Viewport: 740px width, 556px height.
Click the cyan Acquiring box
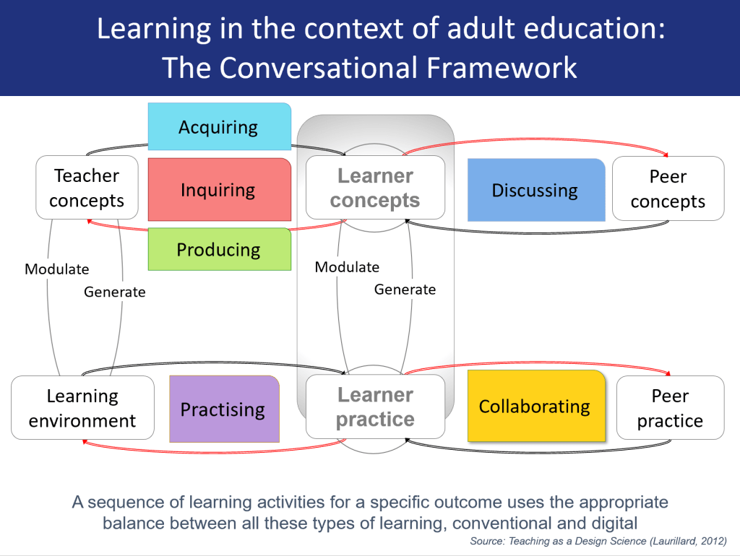[219, 127]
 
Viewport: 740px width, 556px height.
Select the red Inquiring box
[219, 190]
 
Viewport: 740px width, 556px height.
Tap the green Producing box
[219, 250]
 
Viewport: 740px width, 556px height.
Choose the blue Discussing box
[535, 190]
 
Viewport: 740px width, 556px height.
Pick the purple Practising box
[223, 409]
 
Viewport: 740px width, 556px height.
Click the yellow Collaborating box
[535, 406]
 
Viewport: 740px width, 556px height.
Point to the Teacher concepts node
[87, 188]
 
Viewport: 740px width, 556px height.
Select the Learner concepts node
[375, 188]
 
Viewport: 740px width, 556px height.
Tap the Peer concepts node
[668, 188]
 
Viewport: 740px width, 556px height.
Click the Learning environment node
[82, 408]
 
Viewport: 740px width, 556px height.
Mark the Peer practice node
[670, 408]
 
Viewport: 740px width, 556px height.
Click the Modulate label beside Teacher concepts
[57, 269]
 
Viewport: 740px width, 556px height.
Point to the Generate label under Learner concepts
[405, 290]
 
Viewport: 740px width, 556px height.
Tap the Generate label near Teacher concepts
[115, 292]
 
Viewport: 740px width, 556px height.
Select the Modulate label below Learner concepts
[347, 267]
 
